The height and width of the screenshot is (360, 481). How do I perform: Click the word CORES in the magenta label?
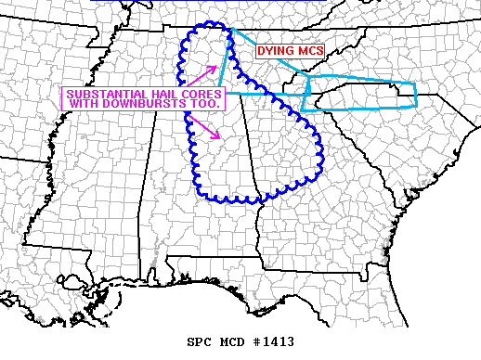click(x=197, y=95)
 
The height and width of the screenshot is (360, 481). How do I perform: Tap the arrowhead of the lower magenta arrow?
click(x=218, y=138)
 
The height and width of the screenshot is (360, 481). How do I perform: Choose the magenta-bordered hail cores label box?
click(x=144, y=99)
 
